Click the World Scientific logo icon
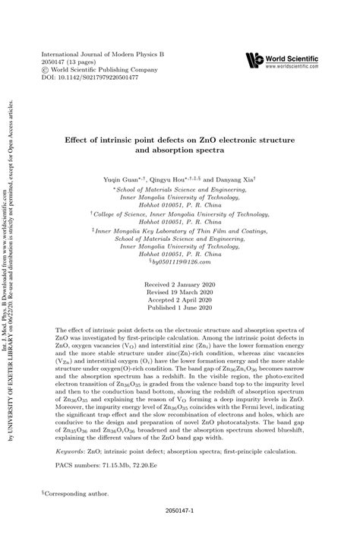click(254, 60)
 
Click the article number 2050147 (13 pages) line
click(74, 63)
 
